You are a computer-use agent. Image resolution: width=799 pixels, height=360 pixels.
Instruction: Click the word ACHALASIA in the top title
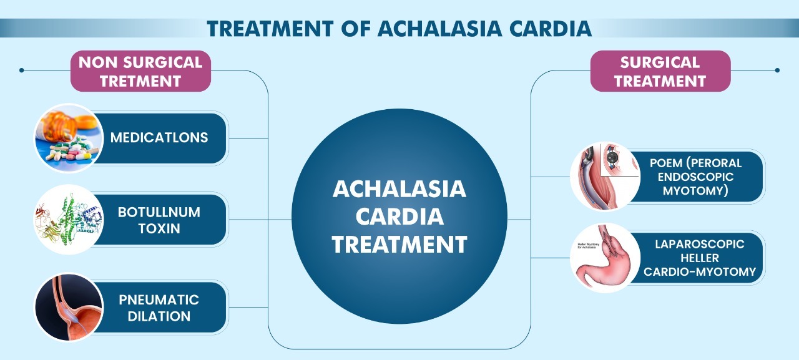click(440, 29)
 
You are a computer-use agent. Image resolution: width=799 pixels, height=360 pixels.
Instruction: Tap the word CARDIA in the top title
click(551, 29)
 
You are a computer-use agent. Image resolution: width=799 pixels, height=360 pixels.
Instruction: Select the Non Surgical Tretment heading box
click(140, 71)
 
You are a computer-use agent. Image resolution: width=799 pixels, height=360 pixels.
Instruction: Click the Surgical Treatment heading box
click(660, 71)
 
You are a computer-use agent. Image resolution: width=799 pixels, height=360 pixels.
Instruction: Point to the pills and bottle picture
click(69, 138)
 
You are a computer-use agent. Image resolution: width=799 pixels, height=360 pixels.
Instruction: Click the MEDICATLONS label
click(159, 138)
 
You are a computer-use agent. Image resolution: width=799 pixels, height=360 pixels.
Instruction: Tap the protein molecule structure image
click(69, 219)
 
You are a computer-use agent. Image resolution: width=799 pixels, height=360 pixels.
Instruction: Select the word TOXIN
click(159, 228)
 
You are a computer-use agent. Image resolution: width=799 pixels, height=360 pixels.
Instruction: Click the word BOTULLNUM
click(159, 212)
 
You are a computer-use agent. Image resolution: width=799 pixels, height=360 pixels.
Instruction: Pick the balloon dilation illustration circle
click(69, 307)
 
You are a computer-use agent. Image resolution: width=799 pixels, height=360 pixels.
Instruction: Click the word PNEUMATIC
click(159, 300)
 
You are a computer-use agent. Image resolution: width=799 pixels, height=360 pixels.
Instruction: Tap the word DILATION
click(159, 316)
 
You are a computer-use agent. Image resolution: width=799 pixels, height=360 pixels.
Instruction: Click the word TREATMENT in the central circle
click(399, 244)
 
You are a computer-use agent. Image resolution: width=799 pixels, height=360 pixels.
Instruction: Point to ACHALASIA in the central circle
click(399, 189)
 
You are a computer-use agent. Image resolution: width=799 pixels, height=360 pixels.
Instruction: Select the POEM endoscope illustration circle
click(605, 177)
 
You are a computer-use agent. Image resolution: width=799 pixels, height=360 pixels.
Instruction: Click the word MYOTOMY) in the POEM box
click(695, 191)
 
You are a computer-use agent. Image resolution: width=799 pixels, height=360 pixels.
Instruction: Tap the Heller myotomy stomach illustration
click(605, 258)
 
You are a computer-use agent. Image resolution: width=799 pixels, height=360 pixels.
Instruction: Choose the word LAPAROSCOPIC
click(700, 244)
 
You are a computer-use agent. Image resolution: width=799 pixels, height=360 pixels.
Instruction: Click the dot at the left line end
click(22, 71)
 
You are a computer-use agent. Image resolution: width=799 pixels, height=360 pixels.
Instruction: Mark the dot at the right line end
click(777, 71)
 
